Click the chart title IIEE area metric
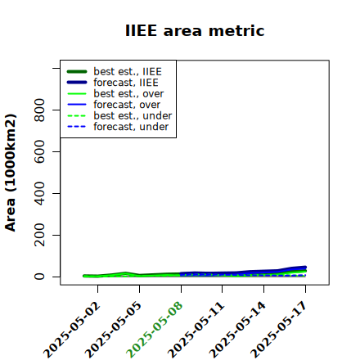(195, 30)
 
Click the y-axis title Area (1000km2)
(11, 173)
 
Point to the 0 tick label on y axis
(39, 277)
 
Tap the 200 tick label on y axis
(39, 235)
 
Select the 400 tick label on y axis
(39, 193)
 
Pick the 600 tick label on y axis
(39, 151)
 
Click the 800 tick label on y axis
(39, 110)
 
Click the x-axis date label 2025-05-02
(72, 330)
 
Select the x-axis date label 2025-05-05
(114, 330)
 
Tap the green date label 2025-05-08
(155, 330)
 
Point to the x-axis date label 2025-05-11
(196, 330)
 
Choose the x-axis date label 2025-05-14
(237, 330)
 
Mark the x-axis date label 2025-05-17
(279, 330)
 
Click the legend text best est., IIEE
(128, 71)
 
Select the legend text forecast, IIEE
(126, 83)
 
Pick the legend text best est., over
(128, 93)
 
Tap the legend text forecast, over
(127, 105)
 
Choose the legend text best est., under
(133, 115)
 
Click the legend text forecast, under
(131, 127)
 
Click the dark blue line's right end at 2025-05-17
(305, 268)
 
